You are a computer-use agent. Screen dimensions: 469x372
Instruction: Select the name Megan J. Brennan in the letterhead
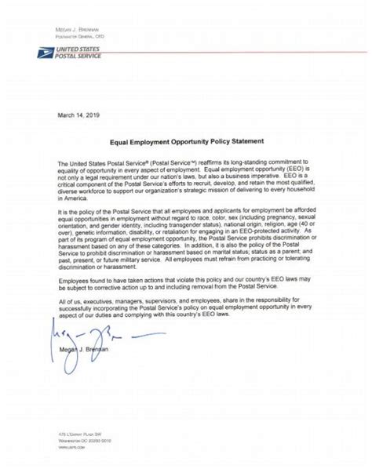tap(78, 28)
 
